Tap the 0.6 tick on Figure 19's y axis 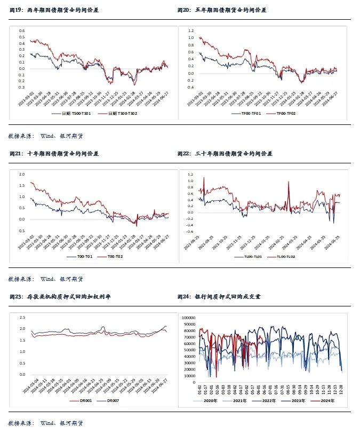22,30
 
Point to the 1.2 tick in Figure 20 190,30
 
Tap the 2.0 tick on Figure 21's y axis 22,175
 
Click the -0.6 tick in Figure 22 190,231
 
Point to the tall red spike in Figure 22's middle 289,183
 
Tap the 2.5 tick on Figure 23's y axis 22,318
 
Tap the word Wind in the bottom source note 47,423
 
